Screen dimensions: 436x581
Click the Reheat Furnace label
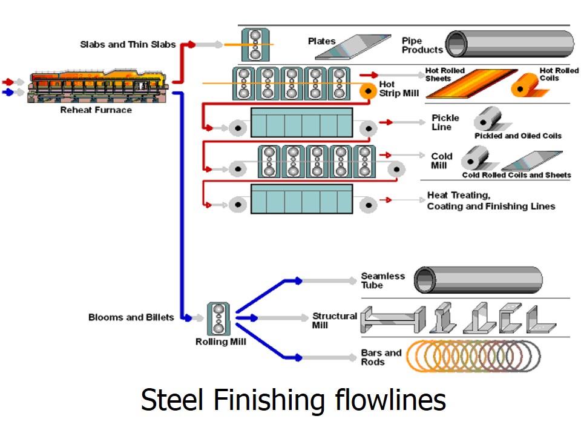pyautogui.click(x=96, y=110)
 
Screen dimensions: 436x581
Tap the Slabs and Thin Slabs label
pyautogui.click(x=128, y=44)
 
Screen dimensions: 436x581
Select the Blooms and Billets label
pyautogui.click(x=131, y=317)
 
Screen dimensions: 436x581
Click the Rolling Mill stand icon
pyautogui.click(x=218, y=318)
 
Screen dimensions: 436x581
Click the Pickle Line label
pyautogui.click(x=445, y=122)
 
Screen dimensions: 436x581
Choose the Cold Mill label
pyautogui.click(x=442, y=160)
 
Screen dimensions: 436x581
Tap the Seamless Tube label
pyautogui.click(x=383, y=280)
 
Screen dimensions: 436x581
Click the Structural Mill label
pyautogui.click(x=334, y=320)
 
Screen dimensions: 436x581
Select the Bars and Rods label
pyautogui.click(x=381, y=357)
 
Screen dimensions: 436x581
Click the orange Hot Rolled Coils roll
pyautogui.click(x=526, y=85)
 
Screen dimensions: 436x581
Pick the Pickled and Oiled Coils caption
pyautogui.click(x=517, y=136)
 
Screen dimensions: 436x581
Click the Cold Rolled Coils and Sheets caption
pyautogui.click(x=516, y=175)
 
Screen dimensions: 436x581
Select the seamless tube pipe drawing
pyautogui.click(x=478, y=280)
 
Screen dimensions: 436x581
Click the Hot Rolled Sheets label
pyautogui.click(x=445, y=74)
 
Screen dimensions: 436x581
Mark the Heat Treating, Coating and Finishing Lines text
pyautogui.click(x=491, y=201)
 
